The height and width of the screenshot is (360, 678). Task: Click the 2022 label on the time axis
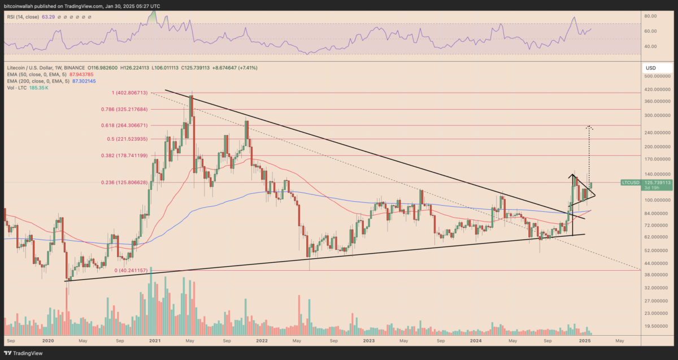point(262,341)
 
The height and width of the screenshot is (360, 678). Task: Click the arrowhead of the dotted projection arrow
point(589,128)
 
